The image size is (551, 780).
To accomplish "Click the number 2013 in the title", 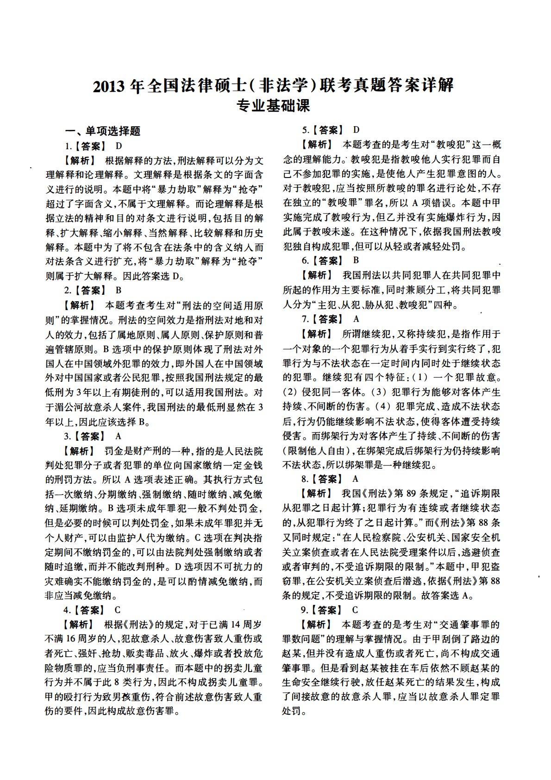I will pos(109,86).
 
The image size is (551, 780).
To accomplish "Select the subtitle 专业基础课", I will pos(273,106).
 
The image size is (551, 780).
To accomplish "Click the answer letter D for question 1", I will pos(119,146).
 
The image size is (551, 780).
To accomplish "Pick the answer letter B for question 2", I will pos(119,291).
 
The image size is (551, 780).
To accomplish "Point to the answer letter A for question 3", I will pos(118,436).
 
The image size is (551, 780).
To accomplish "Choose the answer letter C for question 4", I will pos(118,609).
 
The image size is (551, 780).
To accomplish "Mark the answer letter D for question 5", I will pos(356,130).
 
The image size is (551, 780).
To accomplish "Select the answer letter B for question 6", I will pos(356,260).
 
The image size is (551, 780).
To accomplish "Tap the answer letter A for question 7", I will pos(356,319).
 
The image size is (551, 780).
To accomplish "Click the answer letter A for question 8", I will pos(356,479).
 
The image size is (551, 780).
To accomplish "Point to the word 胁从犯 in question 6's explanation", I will pos(378,305).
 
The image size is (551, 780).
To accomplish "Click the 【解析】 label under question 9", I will pos(316,624).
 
